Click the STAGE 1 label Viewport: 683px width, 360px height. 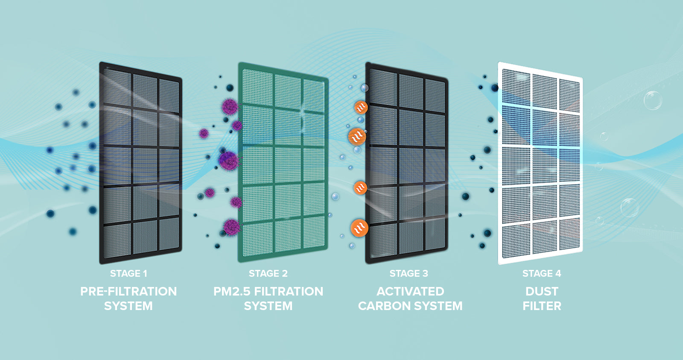coord(128,273)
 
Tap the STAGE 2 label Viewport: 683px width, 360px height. coord(268,273)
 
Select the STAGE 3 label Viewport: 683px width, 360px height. coord(409,273)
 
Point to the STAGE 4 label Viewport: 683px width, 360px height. coord(542,273)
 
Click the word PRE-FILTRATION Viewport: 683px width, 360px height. coord(128,291)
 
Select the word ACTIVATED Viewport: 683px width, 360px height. coord(410,291)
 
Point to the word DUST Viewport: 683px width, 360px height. coord(542,291)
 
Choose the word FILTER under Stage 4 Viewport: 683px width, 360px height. coord(542,306)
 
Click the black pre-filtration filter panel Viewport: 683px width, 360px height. coord(141,162)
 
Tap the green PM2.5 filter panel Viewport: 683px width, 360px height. coord(283,162)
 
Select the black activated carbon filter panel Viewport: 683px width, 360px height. coord(406,162)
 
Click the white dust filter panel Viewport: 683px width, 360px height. coord(540,162)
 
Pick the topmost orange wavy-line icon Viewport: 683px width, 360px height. coord(361,107)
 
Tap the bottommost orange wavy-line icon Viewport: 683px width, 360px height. coord(359,228)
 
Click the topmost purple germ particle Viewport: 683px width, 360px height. coord(230,106)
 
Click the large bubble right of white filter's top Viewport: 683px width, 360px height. coord(652,100)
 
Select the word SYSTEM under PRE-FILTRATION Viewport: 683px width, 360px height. coord(128,306)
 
